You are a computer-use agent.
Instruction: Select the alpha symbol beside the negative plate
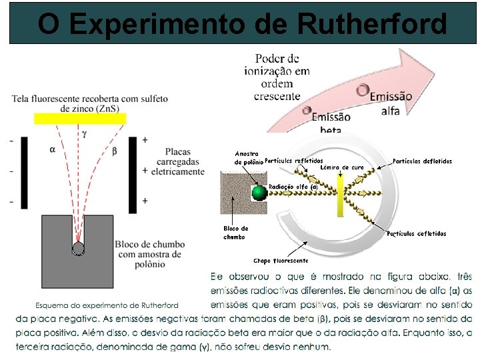point(52,150)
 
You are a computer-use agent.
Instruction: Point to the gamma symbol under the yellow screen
point(85,133)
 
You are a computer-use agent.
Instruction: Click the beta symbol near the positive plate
point(114,151)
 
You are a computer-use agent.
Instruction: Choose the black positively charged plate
point(133,171)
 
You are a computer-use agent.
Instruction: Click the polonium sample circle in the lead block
point(79,248)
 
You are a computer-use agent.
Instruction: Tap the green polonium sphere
point(259,193)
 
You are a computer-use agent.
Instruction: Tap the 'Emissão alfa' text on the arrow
point(390,103)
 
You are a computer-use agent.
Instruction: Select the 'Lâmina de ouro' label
point(342,167)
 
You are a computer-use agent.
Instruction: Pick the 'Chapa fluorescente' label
point(280,261)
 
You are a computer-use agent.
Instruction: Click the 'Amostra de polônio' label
point(247,158)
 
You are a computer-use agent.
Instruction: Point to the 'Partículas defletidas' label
point(423,161)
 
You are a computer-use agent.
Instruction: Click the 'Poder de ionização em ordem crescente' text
point(282,77)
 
